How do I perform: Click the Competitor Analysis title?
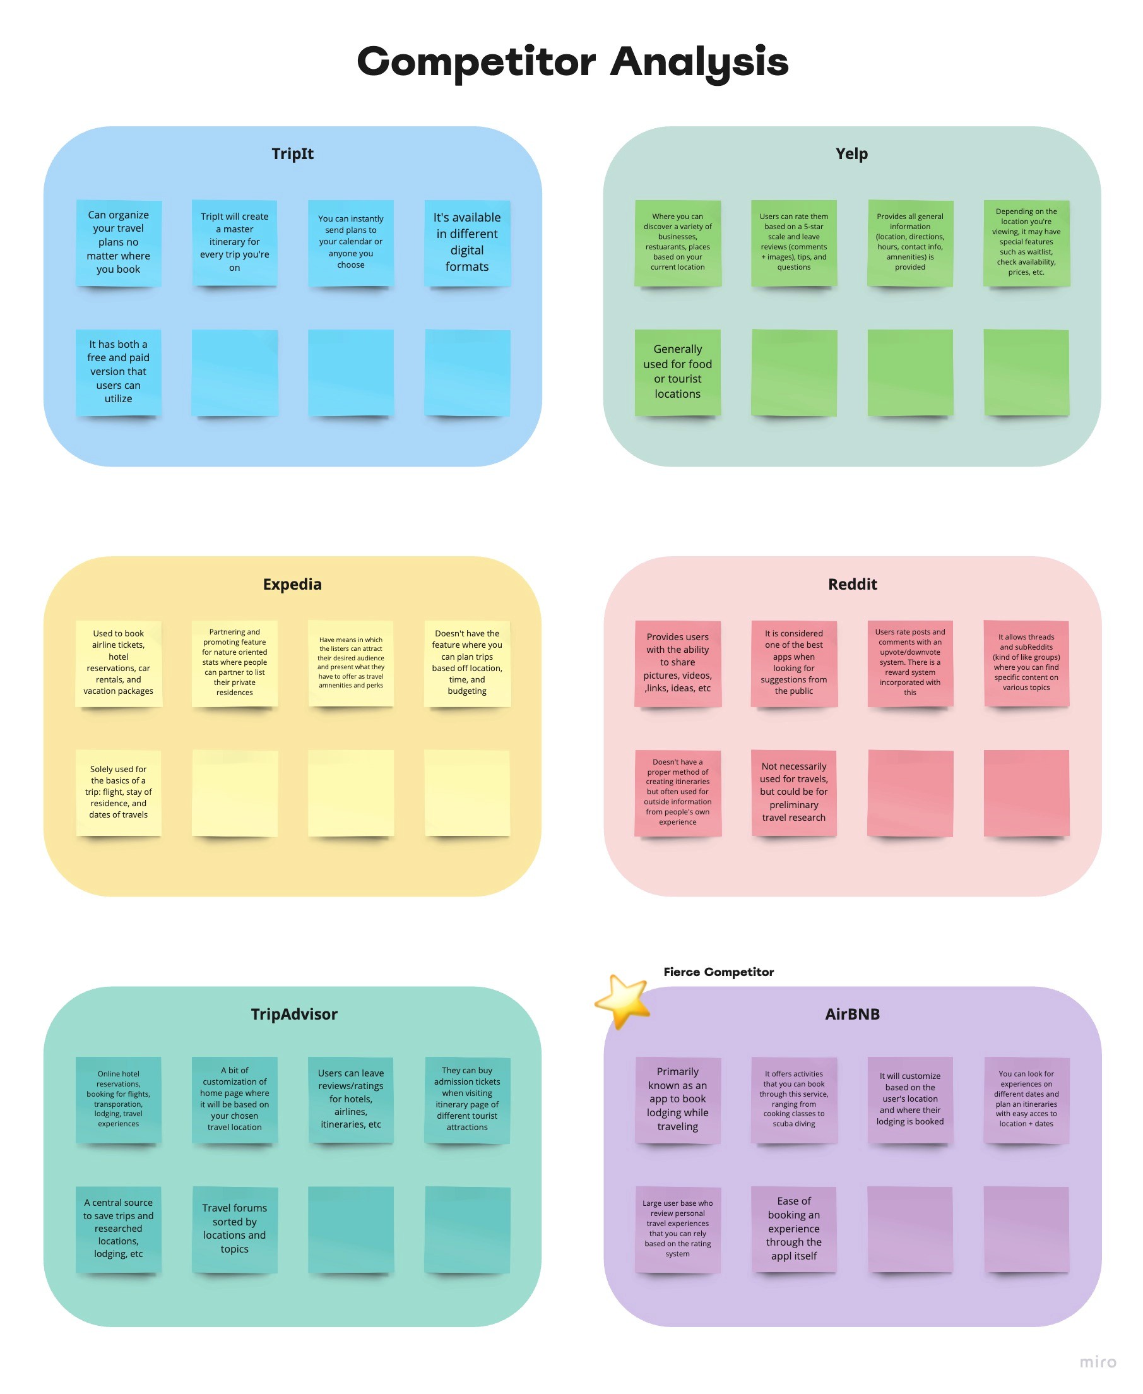click(572, 62)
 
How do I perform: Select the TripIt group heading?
click(292, 153)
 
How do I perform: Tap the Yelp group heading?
click(851, 153)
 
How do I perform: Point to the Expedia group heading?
click(292, 584)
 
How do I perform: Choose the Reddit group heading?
click(852, 584)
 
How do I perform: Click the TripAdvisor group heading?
click(293, 1014)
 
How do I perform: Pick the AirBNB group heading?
click(852, 1014)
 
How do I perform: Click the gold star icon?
click(622, 1001)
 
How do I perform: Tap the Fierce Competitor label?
click(718, 972)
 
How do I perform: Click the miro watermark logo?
click(1098, 1362)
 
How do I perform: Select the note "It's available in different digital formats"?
click(467, 242)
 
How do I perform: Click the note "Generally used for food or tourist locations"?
click(677, 371)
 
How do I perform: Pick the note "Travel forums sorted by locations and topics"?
click(234, 1228)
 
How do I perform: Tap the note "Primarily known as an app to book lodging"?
click(677, 1099)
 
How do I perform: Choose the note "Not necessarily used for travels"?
click(793, 792)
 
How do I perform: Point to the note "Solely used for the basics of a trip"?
click(119, 792)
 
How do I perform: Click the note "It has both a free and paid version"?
click(119, 371)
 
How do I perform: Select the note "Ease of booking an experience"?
click(793, 1228)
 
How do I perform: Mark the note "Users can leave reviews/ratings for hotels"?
click(351, 1099)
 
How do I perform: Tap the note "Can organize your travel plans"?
click(119, 242)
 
